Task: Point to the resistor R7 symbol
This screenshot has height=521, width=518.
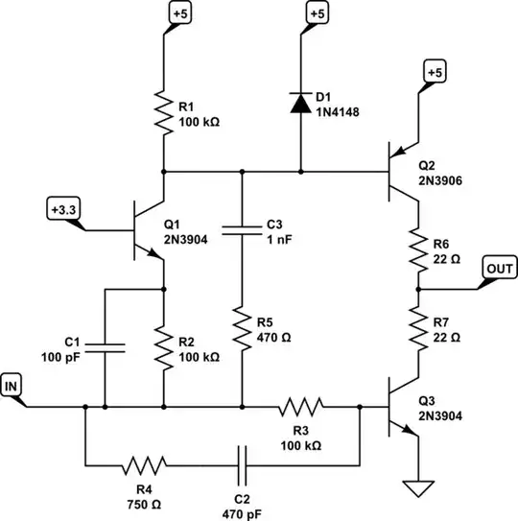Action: click(x=418, y=325)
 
